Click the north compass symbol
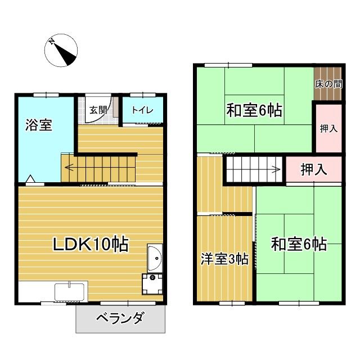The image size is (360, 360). click(x=60, y=50)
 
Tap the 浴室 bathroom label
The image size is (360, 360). click(x=38, y=125)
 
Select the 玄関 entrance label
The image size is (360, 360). click(x=99, y=110)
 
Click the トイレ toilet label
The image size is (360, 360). click(x=143, y=110)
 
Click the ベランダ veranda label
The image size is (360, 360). click(x=119, y=319)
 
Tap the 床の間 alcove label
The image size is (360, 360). click(x=328, y=84)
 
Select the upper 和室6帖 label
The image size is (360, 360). click(x=254, y=110)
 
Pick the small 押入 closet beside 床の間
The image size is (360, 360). click(x=328, y=128)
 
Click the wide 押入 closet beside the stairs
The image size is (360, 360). click(x=314, y=168)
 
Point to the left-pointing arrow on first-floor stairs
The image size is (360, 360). click(x=70, y=166)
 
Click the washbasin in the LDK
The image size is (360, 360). click(x=155, y=259)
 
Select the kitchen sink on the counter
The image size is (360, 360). click(x=69, y=293)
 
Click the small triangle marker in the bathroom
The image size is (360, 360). click(x=30, y=181)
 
